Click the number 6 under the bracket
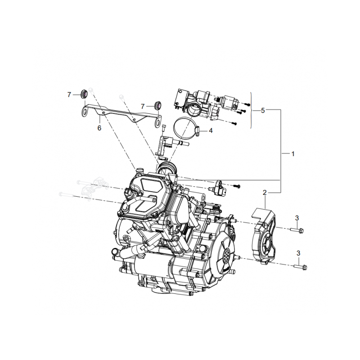click(x=99, y=128)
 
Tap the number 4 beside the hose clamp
click(x=210, y=131)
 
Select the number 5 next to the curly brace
click(x=263, y=110)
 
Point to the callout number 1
click(x=292, y=153)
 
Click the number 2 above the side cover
click(x=265, y=193)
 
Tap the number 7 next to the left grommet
click(x=69, y=94)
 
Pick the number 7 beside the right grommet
click(x=143, y=106)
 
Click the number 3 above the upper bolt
click(x=297, y=218)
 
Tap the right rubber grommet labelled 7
click(x=157, y=105)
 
